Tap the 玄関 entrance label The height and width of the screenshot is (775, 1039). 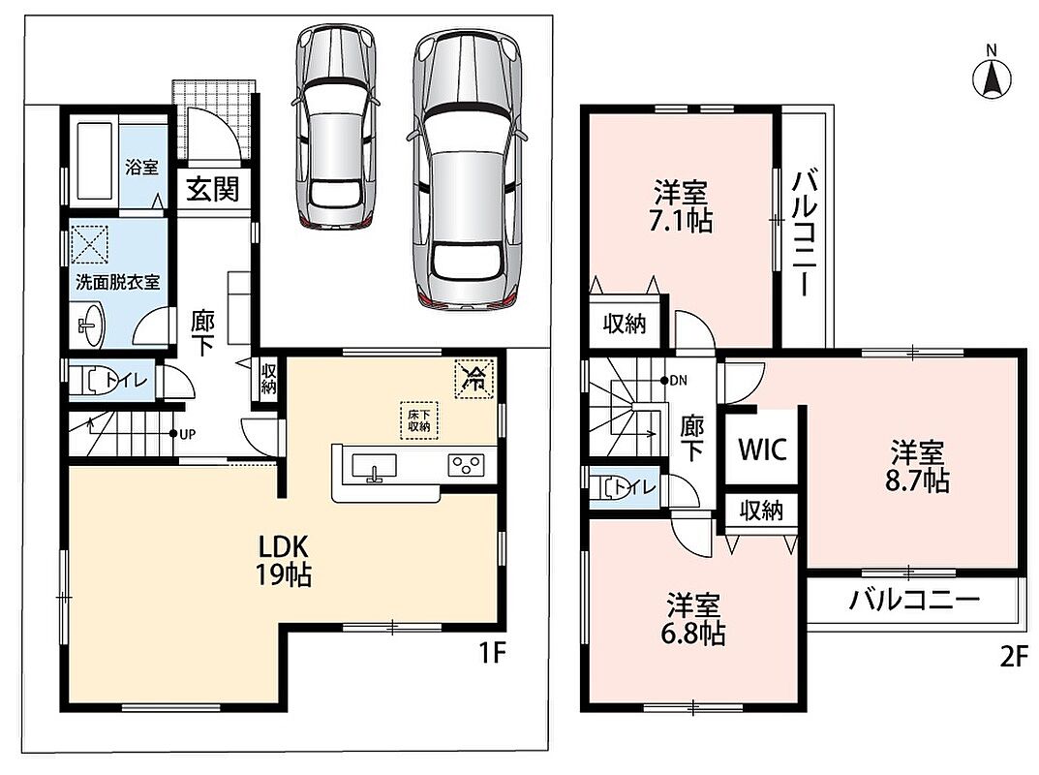[x=212, y=190]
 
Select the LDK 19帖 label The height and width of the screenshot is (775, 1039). [x=284, y=561]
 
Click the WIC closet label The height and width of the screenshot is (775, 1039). [x=762, y=449]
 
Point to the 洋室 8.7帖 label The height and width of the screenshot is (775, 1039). [x=917, y=467]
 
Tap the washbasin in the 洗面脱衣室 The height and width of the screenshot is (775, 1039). [x=89, y=325]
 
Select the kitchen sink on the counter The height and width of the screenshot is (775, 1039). [x=374, y=467]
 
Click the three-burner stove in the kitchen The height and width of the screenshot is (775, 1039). [x=466, y=464]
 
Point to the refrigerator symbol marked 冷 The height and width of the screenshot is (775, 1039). [x=474, y=379]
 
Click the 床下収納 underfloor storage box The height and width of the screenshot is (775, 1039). [x=418, y=420]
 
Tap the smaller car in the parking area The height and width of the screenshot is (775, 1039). [x=336, y=127]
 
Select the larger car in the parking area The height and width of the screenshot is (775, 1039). [x=467, y=170]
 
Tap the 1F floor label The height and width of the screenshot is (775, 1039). [x=492, y=654]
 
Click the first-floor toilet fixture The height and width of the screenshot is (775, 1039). [x=96, y=381]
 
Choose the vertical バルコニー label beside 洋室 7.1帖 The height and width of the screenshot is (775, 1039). [x=804, y=232]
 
